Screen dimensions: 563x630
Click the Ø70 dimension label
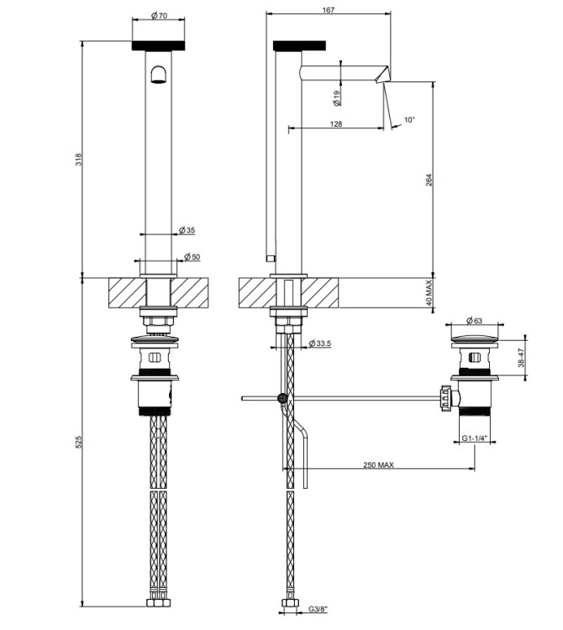159,16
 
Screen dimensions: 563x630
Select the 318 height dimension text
79,159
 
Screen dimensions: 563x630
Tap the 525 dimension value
79,442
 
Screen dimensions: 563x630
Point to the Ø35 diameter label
187,230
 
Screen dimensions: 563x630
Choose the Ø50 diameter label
192,257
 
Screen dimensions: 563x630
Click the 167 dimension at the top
329,9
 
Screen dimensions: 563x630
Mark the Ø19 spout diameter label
337,98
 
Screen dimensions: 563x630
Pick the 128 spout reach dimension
336,123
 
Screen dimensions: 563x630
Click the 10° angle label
409,120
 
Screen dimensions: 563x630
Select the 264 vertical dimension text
429,180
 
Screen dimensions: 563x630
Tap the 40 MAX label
429,293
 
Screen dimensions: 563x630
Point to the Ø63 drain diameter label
474,321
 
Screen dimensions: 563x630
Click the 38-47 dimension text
521,357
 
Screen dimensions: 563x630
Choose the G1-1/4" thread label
475,438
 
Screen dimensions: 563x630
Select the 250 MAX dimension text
378,465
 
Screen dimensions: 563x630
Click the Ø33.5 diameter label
320,344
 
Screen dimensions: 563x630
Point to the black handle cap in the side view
299,46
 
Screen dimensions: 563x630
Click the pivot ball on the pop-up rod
282,398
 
